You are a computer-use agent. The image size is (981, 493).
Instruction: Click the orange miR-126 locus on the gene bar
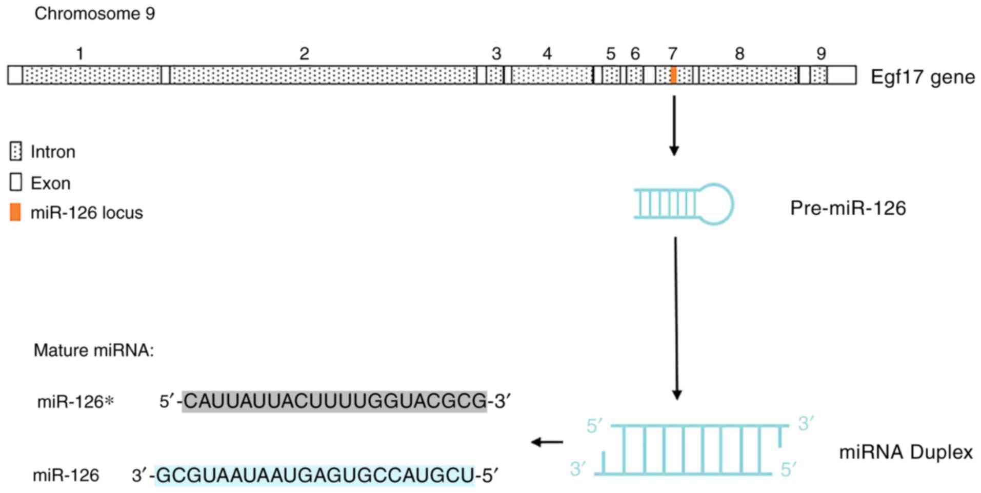pos(673,75)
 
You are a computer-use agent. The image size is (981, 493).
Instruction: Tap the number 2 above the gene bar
pos(304,53)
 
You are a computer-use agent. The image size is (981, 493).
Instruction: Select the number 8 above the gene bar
pos(739,53)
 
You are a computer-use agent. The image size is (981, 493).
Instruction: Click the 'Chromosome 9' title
pos(95,13)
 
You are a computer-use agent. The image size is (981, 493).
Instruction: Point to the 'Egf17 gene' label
pos(923,77)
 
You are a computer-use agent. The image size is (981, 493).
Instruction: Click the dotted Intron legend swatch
pos(16,152)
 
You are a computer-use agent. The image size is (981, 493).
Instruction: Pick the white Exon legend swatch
pos(16,182)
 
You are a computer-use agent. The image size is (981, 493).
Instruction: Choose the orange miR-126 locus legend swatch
pos(16,212)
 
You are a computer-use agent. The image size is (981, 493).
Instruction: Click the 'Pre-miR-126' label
pos(848,208)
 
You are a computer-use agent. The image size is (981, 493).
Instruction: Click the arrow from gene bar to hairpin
pos(674,125)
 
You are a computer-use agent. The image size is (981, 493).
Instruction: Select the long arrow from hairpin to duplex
pos(676,318)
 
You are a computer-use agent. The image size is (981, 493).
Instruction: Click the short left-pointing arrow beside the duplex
pos(547,442)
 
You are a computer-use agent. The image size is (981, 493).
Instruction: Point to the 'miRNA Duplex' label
pos(906,452)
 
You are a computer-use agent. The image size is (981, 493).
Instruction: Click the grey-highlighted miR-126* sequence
pos(334,401)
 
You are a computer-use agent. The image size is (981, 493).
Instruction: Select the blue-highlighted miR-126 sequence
pos(315,476)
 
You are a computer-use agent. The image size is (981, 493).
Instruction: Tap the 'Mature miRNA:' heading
pos(94,351)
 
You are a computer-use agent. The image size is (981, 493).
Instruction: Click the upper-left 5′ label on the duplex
pos(594,426)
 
